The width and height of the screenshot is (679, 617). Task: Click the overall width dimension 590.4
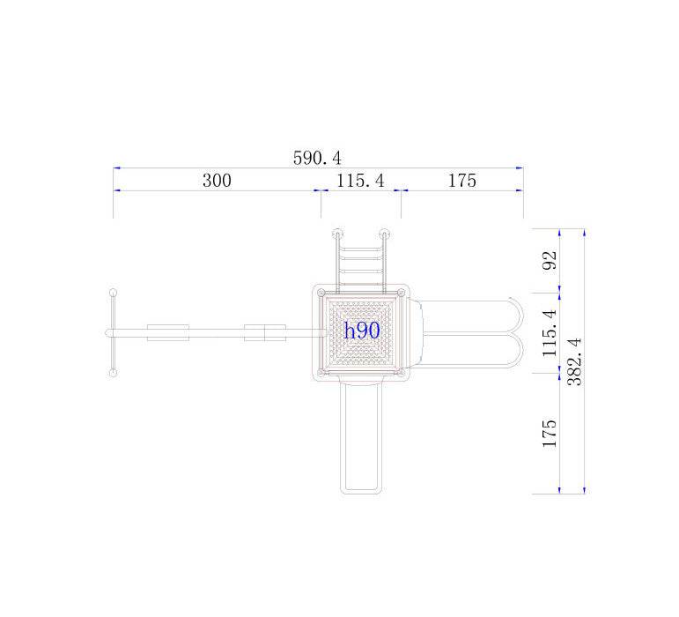317,158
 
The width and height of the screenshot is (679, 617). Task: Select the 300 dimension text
217,180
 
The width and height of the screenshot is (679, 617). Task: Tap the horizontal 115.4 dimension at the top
360,180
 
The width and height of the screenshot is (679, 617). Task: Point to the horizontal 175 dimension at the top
462,180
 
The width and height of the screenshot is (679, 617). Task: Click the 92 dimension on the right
550,260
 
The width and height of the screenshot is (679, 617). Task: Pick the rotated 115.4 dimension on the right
550,333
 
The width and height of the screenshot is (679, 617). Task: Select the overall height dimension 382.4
574,361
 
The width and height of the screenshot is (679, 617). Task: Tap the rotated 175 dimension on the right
550,434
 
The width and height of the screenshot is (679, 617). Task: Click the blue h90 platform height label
362,331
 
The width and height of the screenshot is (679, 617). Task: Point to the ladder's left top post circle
337,234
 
